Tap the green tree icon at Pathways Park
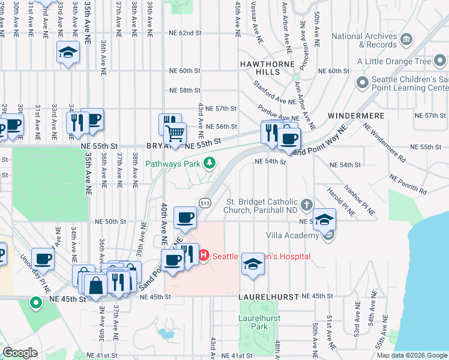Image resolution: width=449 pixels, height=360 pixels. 209,163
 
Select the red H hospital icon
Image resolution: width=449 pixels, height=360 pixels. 203,256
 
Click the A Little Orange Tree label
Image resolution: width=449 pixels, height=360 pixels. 394,61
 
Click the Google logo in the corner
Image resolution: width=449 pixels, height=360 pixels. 20,353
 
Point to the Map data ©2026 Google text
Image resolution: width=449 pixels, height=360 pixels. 412,355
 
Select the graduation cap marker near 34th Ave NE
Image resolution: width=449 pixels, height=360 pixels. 68,52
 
